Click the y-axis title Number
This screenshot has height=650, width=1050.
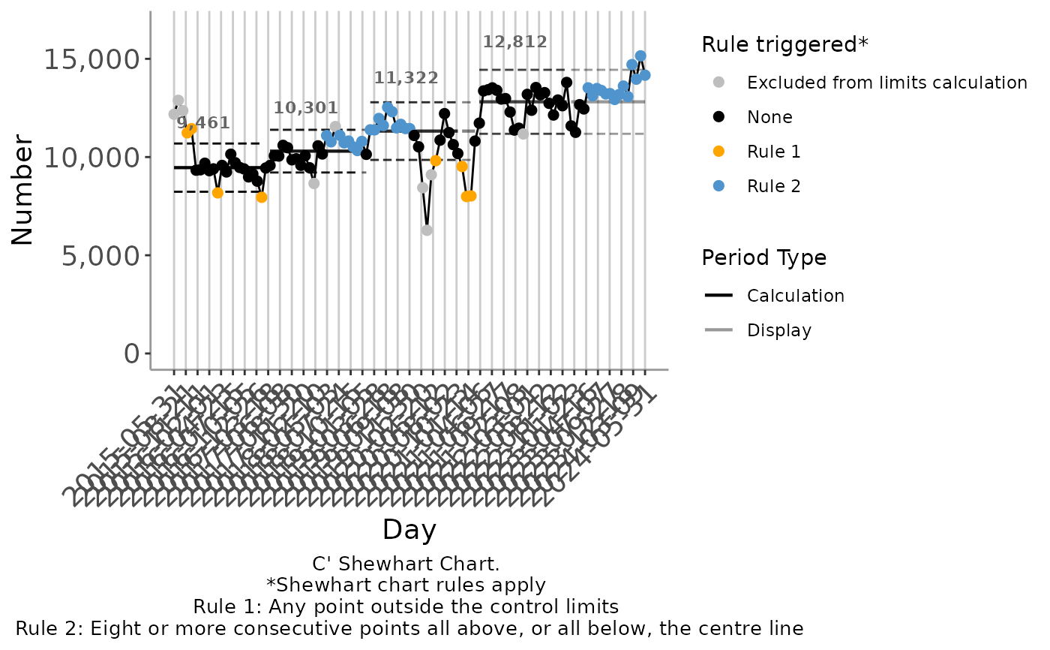point(23,190)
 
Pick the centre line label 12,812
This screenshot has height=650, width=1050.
point(514,42)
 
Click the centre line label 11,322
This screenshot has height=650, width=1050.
point(406,78)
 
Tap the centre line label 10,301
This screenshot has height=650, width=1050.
point(305,108)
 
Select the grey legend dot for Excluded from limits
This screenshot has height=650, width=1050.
point(719,83)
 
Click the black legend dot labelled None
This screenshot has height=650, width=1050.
point(719,117)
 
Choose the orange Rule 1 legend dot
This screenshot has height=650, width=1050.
point(719,152)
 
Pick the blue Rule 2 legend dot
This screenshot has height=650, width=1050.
point(719,186)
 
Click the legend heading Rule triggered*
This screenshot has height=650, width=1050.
point(784,45)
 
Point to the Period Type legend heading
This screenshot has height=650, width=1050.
point(763,258)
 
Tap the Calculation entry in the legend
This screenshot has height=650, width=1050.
point(795,296)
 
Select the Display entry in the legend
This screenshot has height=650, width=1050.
point(778,330)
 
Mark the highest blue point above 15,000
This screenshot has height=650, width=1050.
point(640,56)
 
